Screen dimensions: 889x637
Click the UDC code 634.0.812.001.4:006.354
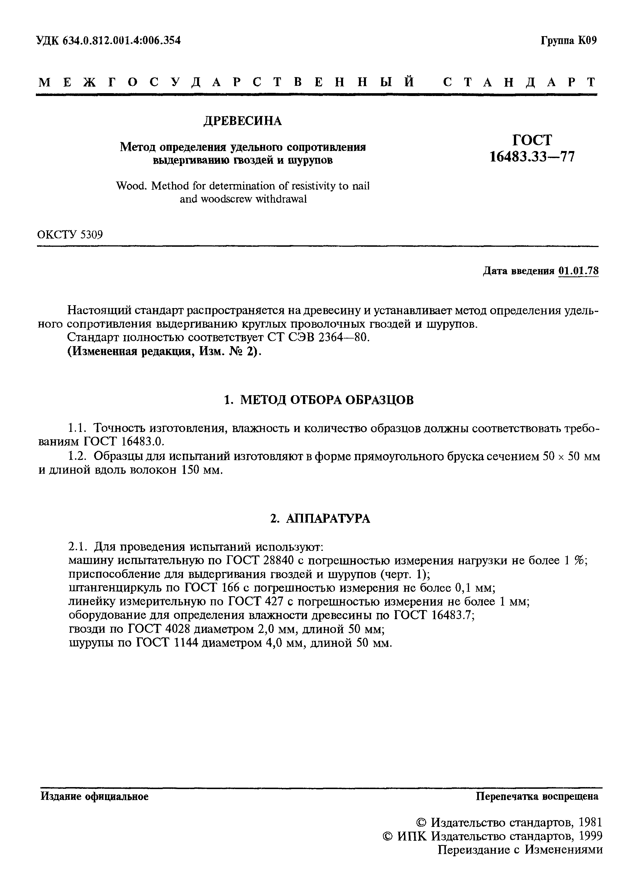[x=121, y=40]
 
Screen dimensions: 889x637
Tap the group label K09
[x=587, y=40]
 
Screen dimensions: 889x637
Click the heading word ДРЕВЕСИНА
[x=243, y=121]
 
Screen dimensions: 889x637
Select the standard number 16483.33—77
[x=532, y=156]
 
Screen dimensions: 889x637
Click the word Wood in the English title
[x=131, y=185]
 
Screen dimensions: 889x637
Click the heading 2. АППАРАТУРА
[x=320, y=519]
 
